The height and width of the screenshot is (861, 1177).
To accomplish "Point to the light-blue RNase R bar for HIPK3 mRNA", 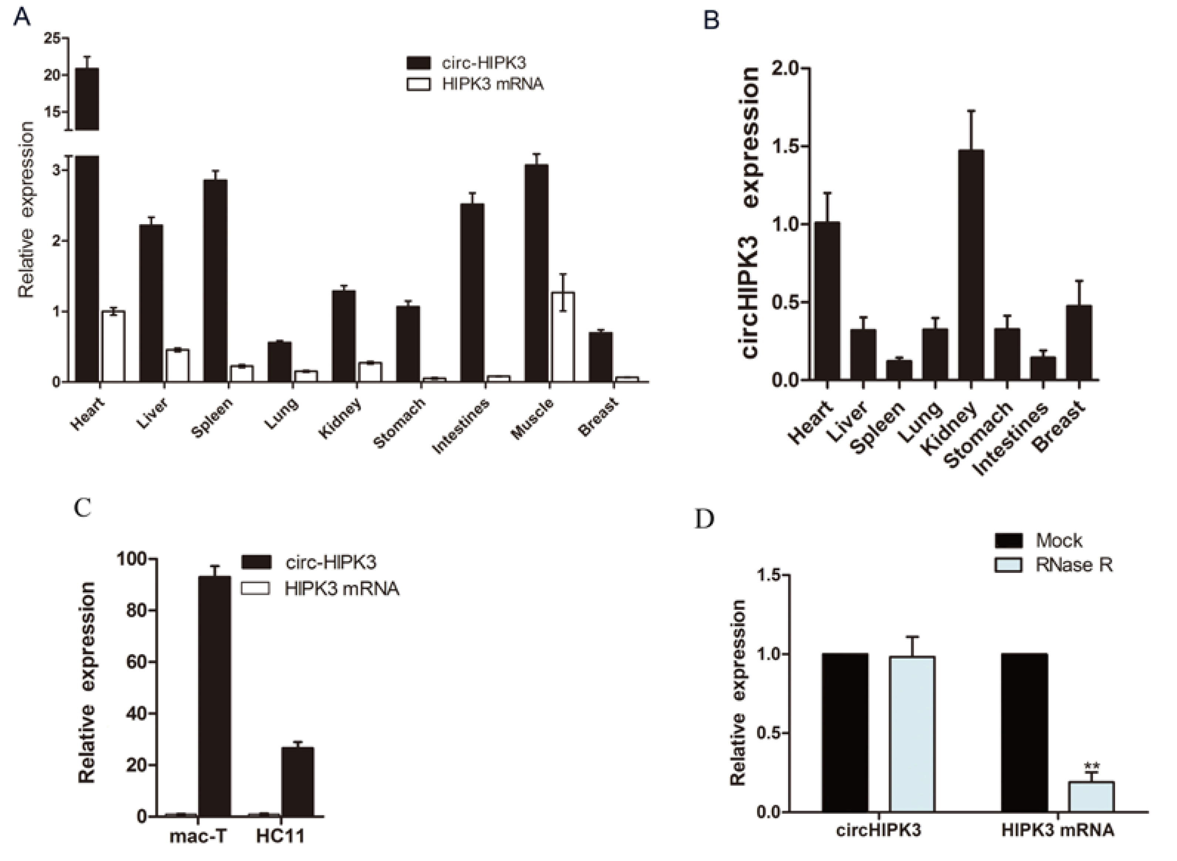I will point(1091,797).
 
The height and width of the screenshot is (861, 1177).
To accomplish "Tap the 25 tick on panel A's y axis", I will point(52,38).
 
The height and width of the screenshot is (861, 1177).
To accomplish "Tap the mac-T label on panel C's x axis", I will point(198,837).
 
